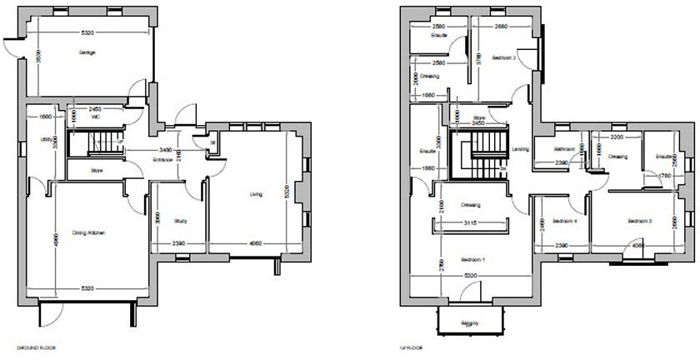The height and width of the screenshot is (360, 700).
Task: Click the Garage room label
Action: coord(87,52)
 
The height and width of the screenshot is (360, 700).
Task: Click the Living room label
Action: coord(256,194)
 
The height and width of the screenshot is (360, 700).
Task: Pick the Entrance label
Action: coord(162,159)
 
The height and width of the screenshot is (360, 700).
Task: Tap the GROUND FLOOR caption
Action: coord(37,346)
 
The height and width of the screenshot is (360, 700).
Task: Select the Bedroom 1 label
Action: coord(473,260)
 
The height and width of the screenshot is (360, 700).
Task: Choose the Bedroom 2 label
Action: coord(506,57)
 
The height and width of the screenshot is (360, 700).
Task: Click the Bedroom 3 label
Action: coord(639,221)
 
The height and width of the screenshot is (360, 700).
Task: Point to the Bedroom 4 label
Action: coord(563,221)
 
